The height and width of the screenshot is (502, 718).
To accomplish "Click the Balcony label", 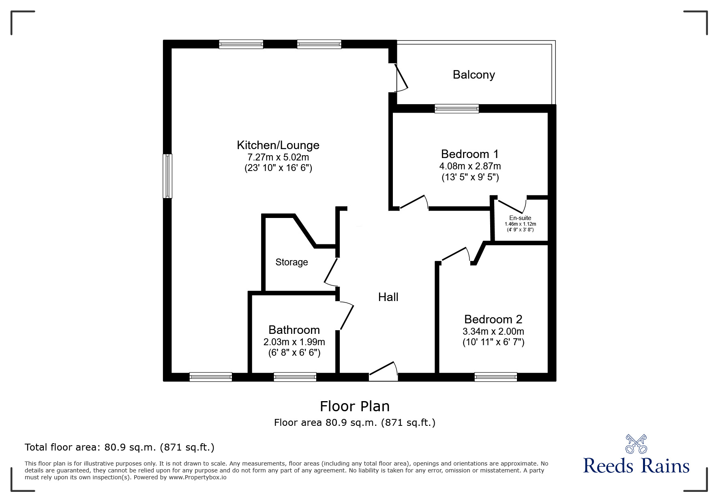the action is click(474, 75).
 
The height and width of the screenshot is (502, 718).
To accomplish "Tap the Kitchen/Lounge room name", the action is click(278, 145).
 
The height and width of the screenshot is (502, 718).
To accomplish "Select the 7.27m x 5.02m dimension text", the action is click(278, 157).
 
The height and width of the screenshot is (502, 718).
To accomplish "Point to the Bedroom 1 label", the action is click(470, 154).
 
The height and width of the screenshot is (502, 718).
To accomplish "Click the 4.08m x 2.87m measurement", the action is click(470, 166).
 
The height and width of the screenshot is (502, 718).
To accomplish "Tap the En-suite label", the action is click(520, 218).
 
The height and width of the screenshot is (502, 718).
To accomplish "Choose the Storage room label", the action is click(291, 263).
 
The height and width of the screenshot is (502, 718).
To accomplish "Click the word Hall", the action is click(388, 297).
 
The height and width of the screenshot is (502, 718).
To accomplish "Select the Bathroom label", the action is click(294, 330).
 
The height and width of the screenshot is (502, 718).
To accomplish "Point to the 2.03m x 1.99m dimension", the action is click(294, 342).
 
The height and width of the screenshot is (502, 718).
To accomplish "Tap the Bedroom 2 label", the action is click(493, 319).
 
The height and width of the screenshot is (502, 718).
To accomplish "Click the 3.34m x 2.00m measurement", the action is click(493, 331).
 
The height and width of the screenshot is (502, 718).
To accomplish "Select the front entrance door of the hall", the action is click(383, 372).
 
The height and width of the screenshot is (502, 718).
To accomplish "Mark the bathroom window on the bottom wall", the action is click(295, 377).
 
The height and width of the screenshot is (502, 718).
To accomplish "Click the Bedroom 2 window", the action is click(496, 377).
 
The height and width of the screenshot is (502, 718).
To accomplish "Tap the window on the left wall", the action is click(167, 176).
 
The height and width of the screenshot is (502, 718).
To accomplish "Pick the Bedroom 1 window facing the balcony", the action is click(457, 109).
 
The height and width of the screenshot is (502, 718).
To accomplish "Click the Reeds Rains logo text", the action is click(637, 466).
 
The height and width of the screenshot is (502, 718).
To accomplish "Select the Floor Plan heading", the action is click(355, 406).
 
